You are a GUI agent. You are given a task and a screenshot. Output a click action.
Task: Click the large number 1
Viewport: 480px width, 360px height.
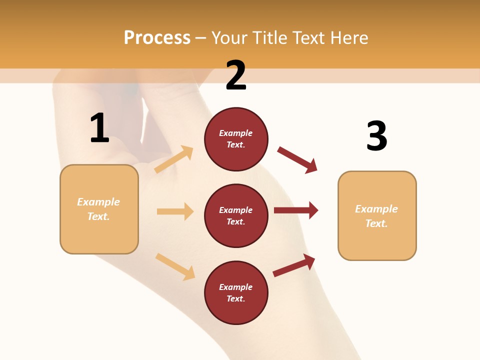click(x=99, y=128)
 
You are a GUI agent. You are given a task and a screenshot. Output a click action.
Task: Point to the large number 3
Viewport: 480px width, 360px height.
click(x=377, y=136)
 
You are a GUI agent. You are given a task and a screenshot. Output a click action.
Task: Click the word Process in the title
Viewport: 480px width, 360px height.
click(x=157, y=37)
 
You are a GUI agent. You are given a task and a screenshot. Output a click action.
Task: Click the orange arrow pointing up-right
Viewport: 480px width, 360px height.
click(x=174, y=159)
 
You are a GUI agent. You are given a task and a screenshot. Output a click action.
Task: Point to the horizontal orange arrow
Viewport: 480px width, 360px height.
click(x=175, y=211)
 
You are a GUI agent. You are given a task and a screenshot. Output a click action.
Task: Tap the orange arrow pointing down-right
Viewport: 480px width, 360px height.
click(x=175, y=266)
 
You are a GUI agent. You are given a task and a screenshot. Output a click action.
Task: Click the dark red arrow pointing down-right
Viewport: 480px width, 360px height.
click(x=297, y=159)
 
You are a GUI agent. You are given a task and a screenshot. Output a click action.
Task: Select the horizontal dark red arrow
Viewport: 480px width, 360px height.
click(x=296, y=210)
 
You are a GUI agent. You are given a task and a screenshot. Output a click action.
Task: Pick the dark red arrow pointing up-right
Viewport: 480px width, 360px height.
click(x=294, y=265)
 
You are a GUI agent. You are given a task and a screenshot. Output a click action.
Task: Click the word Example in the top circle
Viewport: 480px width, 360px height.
click(x=236, y=133)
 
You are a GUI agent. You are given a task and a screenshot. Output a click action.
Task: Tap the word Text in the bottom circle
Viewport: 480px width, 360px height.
click(x=235, y=298)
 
